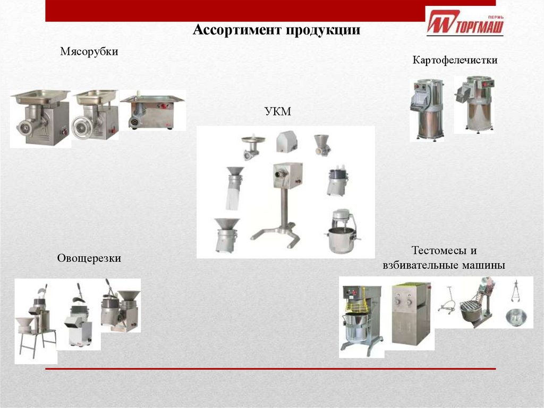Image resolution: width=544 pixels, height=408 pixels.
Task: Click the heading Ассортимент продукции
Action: tap(276, 30)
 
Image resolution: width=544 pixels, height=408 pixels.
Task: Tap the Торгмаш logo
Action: tap(465, 23)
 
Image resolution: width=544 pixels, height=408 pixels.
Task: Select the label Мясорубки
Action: tap(89, 52)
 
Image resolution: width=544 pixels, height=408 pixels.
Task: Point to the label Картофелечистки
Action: tap(455, 60)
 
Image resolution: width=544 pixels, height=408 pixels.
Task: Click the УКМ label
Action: tap(277, 111)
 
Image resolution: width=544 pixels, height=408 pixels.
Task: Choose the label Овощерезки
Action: tap(89, 258)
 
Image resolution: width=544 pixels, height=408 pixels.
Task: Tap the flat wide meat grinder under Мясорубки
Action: tap(152, 111)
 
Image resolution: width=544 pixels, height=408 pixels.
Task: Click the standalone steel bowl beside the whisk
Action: tap(516, 318)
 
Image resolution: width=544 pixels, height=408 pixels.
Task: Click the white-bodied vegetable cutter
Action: tap(79, 317)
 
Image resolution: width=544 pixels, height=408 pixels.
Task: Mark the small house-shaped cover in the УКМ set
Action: tap(286, 142)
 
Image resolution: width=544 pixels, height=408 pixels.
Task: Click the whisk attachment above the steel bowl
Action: tap(515, 290)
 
